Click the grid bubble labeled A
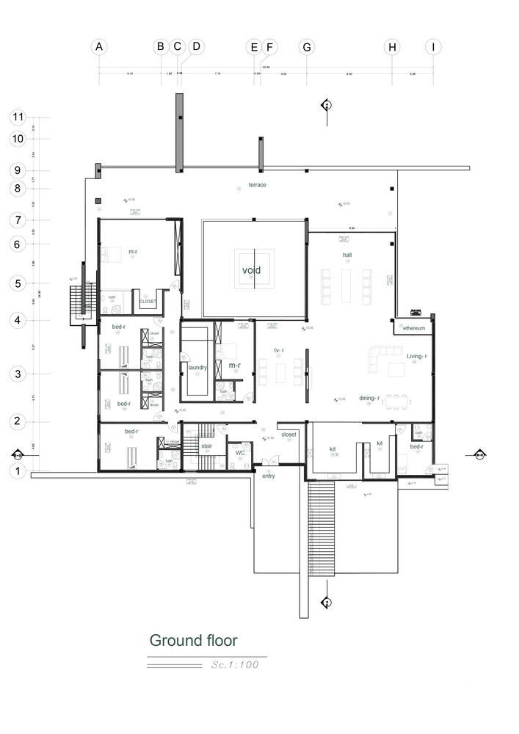(99, 47)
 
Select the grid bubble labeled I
(433, 47)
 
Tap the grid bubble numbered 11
(18, 117)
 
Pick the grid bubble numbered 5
(18, 283)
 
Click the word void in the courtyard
(252, 270)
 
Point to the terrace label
(257, 185)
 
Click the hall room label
(347, 255)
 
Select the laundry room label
(197, 367)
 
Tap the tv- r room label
(279, 350)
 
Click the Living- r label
(417, 356)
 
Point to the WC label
(239, 453)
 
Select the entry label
(268, 476)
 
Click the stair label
(207, 445)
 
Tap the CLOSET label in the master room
(148, 301)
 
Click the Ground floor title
(193, 641)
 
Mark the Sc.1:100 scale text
(234, 665)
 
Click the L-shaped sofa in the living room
(385, 357)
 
